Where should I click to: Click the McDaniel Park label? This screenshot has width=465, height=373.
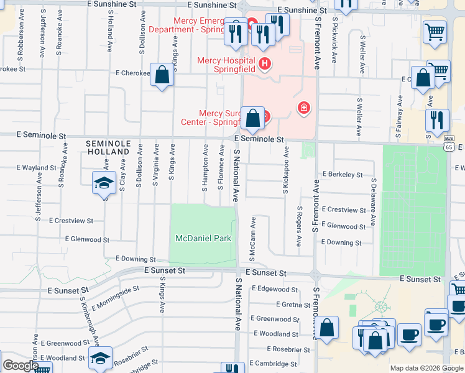[x=203, y=238]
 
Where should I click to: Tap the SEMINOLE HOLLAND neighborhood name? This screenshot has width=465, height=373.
[x=109, y=147]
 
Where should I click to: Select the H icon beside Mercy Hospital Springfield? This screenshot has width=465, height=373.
[x=265, y=63]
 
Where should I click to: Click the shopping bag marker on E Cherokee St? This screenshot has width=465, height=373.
[x=162, y=75]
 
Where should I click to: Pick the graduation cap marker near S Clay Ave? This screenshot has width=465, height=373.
[x=104, y=183]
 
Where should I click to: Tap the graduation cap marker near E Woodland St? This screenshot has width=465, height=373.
[x=100, y=358]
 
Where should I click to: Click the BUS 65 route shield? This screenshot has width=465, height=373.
[x=448, y=144]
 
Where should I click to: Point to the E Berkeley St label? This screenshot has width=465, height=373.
[x=342, y=175]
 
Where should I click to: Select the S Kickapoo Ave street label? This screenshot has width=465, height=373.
[x=286, y=170]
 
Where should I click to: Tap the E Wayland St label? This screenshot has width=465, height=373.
[x=37, y=168]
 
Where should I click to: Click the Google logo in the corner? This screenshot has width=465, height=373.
[x=20, y=366]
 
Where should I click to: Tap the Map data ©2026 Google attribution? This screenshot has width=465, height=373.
[x=426, y=368]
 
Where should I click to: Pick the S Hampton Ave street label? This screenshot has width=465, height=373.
[x=205, y=167]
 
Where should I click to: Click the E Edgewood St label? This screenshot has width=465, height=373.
[x=277, y=289]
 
